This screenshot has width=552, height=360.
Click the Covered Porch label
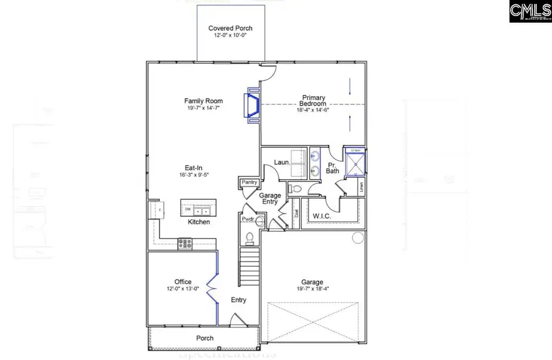[x=230, y=28]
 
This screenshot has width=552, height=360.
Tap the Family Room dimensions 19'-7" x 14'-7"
[x=203, y=109]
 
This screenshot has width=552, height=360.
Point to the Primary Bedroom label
[x=313, y=101]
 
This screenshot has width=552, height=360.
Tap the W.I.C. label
[x=322, y=216]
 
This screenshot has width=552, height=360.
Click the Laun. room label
[x=265, y=163]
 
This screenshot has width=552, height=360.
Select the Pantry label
[x=249, y=182]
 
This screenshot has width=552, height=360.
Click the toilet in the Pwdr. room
[x=250, y=237]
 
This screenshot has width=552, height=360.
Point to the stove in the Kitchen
[x=184, y=243]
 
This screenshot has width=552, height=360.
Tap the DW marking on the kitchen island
[x=188, y=210]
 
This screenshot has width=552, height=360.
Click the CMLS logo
[x=530, y=12]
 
